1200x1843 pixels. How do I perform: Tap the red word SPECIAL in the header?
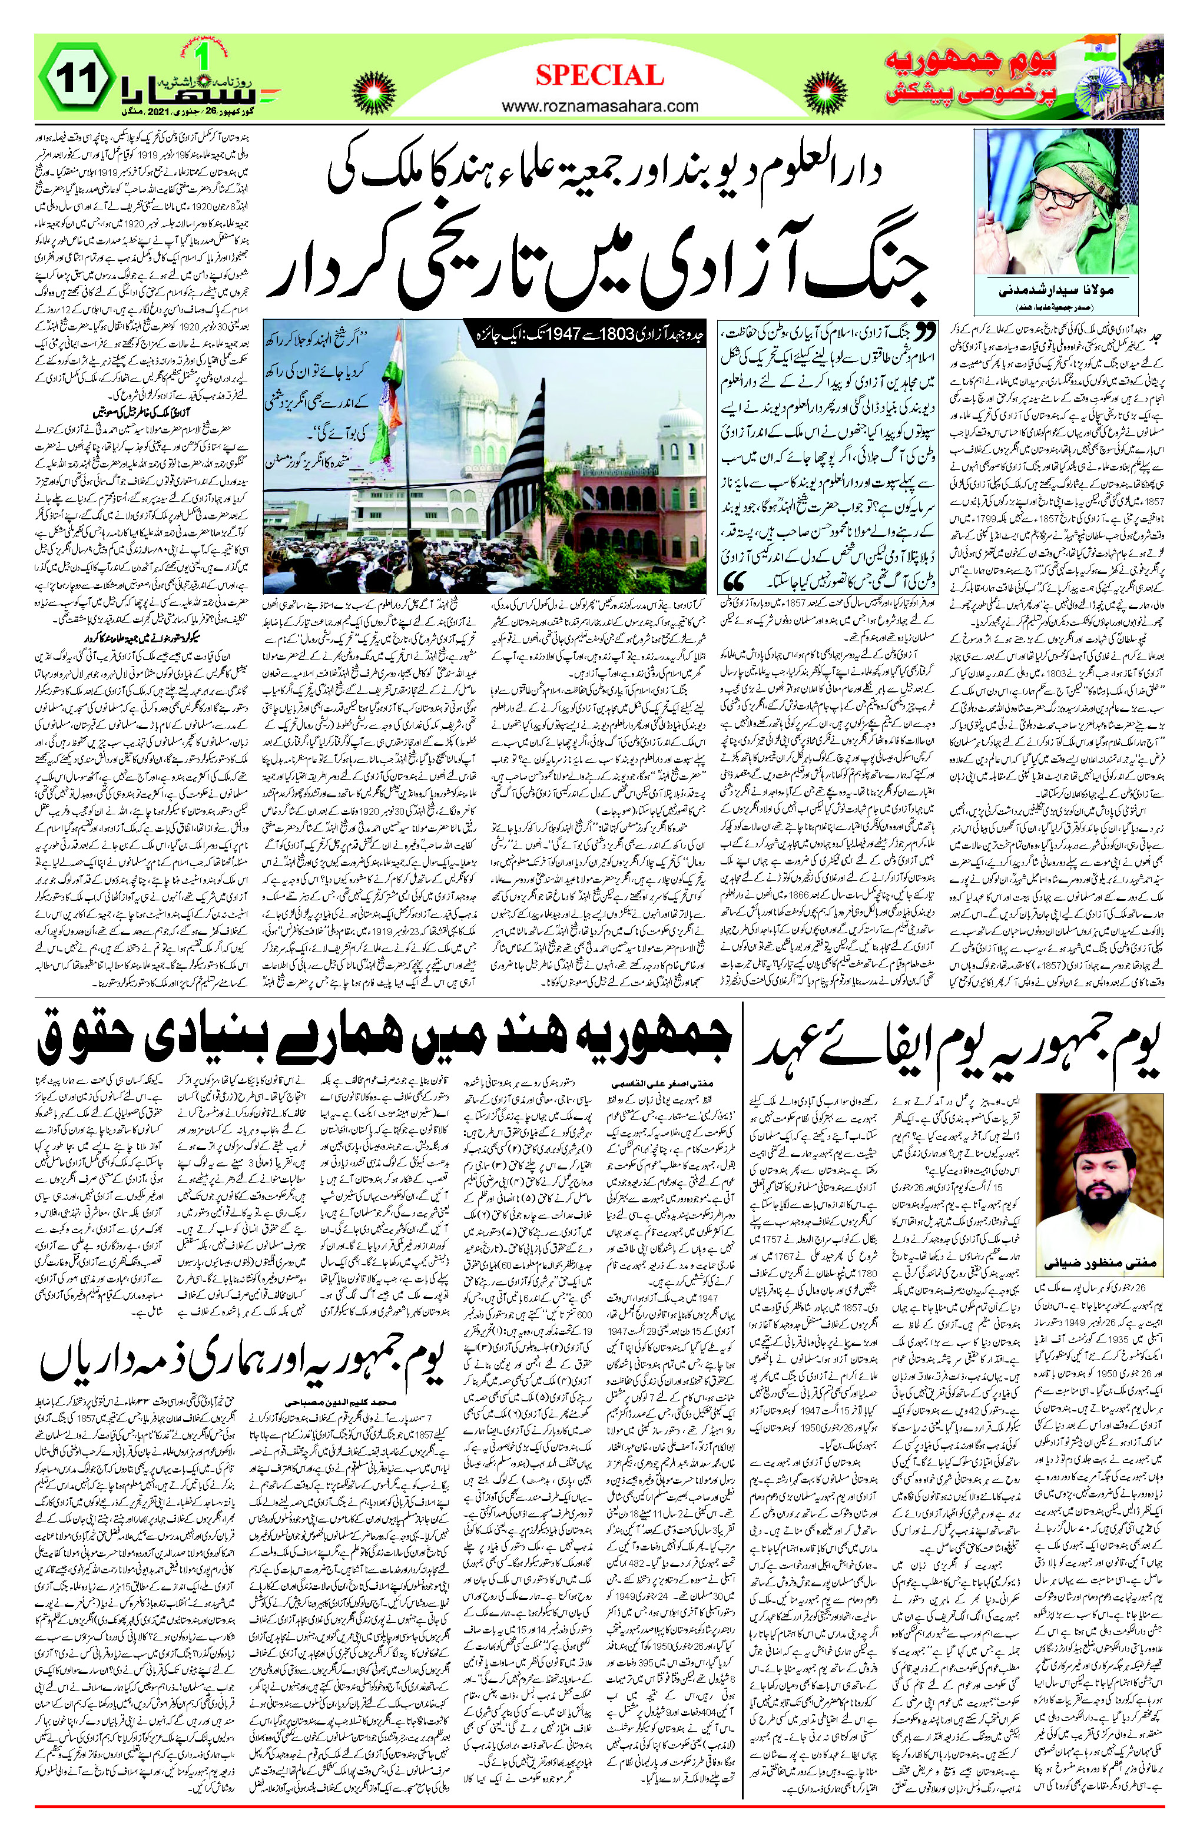[599, 75]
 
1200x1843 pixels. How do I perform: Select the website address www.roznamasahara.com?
[599, 106]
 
